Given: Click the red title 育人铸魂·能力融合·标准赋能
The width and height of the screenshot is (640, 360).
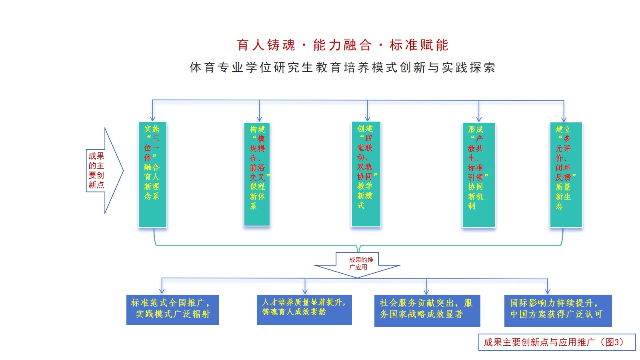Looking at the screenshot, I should click(x=342, y=45).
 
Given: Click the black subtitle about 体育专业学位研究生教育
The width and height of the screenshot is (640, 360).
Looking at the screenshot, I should click(x=342, y=67).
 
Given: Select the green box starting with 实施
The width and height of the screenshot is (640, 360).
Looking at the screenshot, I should click(x=152, y=174).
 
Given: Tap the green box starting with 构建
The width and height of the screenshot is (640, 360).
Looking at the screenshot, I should click(x=257, y=174).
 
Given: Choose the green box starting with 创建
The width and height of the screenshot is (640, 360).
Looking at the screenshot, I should click(x=366, y=174).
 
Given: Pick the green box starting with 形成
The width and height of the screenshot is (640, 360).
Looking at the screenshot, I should click(x=478, y=174).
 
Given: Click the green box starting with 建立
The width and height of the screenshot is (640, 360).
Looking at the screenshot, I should click(x=566, y=174).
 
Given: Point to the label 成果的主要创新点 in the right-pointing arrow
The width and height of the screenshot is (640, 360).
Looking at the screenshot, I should click(x=96, y=170).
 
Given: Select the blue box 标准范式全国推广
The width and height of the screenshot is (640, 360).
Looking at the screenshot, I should click(x=172, y=310).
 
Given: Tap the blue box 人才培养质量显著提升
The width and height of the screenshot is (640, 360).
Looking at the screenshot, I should click(x=304, y=310).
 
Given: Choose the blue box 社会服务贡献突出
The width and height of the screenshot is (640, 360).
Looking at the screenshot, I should click(x=427, y=310).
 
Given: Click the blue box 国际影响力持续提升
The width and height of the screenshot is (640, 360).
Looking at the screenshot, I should click(x=558, y=310).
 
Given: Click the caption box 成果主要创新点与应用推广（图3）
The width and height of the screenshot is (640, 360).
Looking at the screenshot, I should click(x=557, y=342).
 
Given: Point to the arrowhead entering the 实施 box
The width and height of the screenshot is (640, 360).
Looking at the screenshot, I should click(x=152, y=119).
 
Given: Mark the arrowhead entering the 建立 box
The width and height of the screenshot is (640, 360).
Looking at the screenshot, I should click(x=564, y=119).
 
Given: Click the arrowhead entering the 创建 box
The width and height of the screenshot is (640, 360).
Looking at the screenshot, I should click(x=368, y=118).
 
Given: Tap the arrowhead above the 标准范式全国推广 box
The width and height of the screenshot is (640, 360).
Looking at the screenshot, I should click(x=162, y=292).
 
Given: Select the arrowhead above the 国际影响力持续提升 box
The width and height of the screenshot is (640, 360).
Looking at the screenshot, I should click(x=547, y=292).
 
